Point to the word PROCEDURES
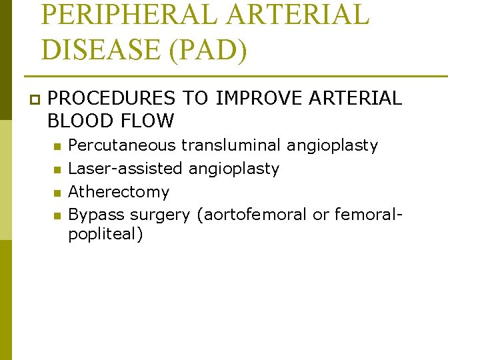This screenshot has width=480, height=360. (x=112, y=99)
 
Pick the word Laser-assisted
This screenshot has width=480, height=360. (x=126, y=169)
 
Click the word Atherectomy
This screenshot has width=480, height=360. (x=119, y=192)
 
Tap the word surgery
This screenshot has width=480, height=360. (x=160, y=215)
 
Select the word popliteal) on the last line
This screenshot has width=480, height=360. (x=105, y=235)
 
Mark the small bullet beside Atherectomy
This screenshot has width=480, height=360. (x=58, y=193)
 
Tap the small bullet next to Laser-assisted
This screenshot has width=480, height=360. (x=58, y=170)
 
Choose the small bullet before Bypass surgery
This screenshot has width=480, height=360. (x=58, y=216)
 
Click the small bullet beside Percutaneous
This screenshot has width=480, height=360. (x=58, y=147)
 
